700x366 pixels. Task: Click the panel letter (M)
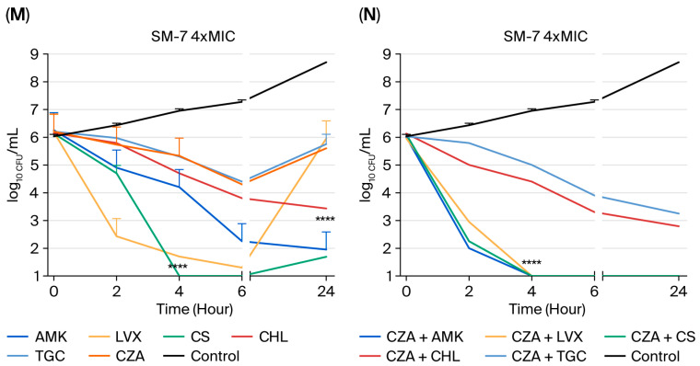click(17, 16)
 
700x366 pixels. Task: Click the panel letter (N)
click(369, 16)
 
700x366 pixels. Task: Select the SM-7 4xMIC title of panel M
click(192, 36)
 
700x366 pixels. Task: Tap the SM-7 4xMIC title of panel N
click(545, 36)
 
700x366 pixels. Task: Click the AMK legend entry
click(37, 337)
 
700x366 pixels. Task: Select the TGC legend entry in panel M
click(36, 356)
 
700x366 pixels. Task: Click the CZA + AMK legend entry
click(411, 337)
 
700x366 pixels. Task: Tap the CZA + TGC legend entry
click(535, 356)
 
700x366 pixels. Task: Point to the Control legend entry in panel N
click(642, 356)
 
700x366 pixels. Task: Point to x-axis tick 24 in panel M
click(326, 292)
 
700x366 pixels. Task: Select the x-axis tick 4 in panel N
click(531, 292)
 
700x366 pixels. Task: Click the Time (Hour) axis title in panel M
click(194, 309)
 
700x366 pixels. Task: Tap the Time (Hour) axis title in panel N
click(547, 309)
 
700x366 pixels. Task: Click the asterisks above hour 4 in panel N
click(531, 263)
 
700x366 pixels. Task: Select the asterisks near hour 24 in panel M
click(324, 220)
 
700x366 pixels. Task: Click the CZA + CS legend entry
click(649, 337)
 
